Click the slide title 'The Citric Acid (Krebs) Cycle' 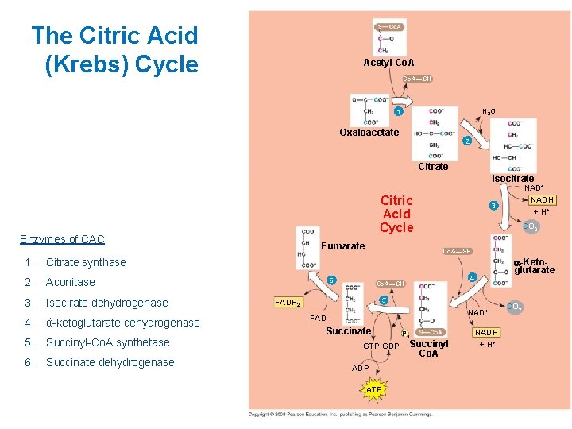click(x=114, y=49)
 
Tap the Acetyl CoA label click(x=388, y=63)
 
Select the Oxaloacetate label click(x=369, y=133)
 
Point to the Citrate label click(x=433, y=167)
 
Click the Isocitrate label click(x=512, y=178)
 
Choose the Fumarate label click(x=343, y=246)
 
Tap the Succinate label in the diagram click(x=349, y=331)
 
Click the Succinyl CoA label click(x=429, y=349)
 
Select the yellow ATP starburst click(x=374, y=390)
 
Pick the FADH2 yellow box click(x=287, y=303)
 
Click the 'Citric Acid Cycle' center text click(x=396, y=214)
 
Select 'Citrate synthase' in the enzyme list click(x=86, y=262)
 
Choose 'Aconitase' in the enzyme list click(x=71, y=282)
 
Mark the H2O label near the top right click(x=489, y=112)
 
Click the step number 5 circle click(x=383, y=300)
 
